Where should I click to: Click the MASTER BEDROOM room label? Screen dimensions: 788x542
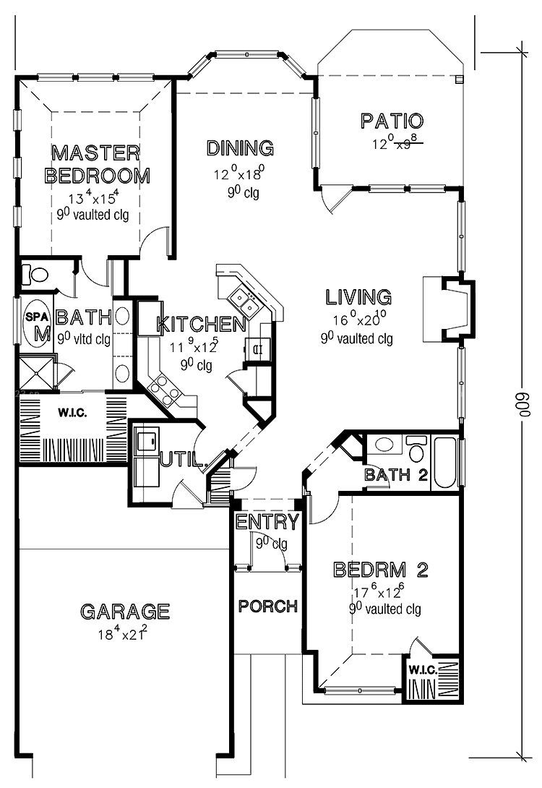pyautogui.click(x=97, y=164)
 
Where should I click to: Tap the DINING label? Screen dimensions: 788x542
pyautogui.click(x=241, y=148)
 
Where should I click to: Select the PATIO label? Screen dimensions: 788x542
pyautogui.click(x=392, y=121)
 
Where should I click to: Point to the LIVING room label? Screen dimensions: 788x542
pyautogui.click(x=358, y=297)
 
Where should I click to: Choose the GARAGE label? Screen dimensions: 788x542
pyautogui.click(x=125, y=612)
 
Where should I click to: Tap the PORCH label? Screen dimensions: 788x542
pyautogui.click(x=267, y=606)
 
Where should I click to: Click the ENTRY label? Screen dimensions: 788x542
pyautogui.click(x=267, y=522)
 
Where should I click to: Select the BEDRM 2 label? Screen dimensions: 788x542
pyautogui.click(x=381, y=570)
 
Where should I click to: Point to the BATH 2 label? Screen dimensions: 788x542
pyautogui.click(x=397, y=475)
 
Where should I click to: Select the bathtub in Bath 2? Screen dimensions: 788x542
pyautogui.click(x=445, y=462)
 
